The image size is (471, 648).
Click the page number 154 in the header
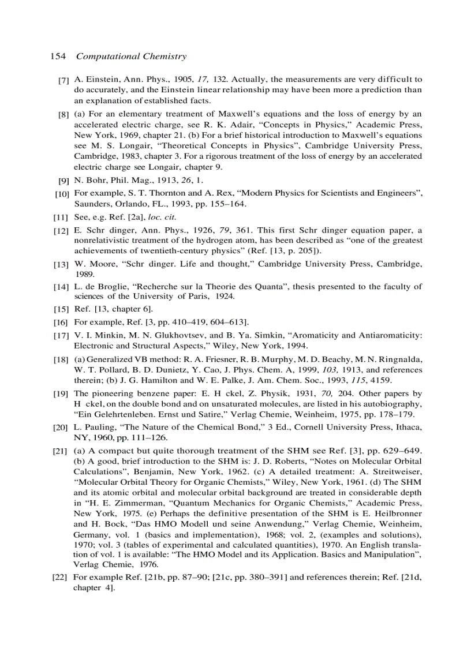(x=58, y=57)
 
